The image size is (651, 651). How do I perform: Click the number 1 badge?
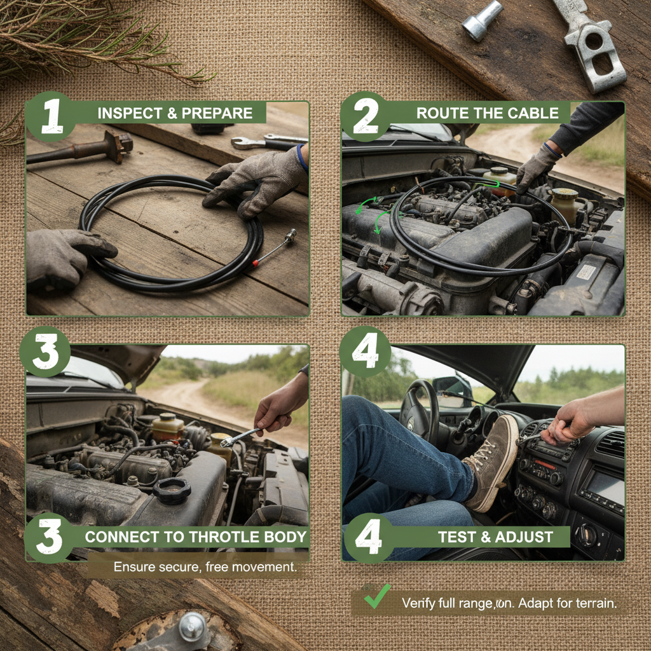pyautogui.click(x=50, y=116)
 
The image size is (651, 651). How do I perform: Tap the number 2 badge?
pyautogui.click(x=365, y=116)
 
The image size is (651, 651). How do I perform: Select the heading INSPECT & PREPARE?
pyautogui.click(x=175, y=114)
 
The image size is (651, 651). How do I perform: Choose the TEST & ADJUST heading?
pyautogui.click(x=495, y=537)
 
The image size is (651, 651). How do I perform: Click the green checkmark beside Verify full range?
pyautogui.click(x=377, y=597)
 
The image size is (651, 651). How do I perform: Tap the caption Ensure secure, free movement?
pyautogui.click(x=205, y=566)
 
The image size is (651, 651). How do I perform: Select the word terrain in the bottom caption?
pyautogui.click(x=596, y=603)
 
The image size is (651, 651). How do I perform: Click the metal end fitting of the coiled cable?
pyautogui.click(x=289, y=238)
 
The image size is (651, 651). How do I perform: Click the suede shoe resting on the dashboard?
pyautogui.click(x=493, y=461)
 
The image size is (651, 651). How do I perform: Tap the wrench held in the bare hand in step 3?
pyautogui.click(x=240, y=437)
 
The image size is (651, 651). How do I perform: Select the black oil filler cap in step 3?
pyautogui.click(x=172, y=490)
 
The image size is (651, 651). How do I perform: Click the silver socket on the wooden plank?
pyautogui.click(x=482, y=20)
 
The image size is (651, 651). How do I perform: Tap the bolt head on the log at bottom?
pyautogui.click(x=191, y=626)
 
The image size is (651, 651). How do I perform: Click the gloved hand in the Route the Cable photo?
pyautogui.click(x=536, y=167)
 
